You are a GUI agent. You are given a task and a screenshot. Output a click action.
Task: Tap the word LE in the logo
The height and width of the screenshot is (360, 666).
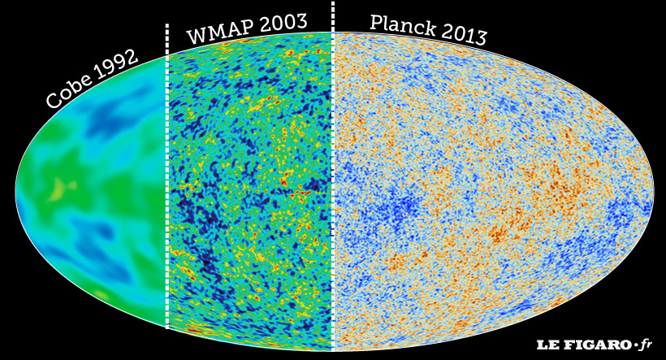[x=545, y=345]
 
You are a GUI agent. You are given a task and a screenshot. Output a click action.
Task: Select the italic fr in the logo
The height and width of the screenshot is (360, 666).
[x=646, y=344]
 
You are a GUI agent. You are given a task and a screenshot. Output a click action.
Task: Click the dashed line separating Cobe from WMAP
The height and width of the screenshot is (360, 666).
[x=167, y=179]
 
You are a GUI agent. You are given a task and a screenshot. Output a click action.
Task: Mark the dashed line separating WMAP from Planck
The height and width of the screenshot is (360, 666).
[x=333, y=179]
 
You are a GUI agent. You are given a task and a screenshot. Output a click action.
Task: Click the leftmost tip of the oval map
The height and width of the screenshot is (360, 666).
[x=16, y=192]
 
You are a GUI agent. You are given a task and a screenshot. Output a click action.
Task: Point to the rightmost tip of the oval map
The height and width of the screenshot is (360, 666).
[x=652, y=192]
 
